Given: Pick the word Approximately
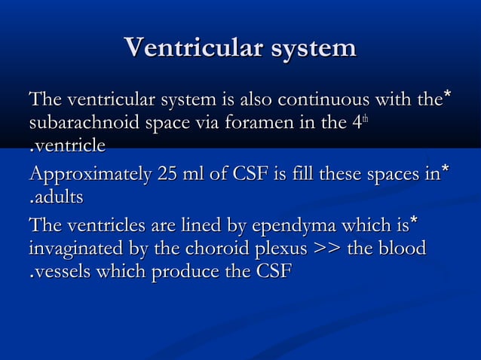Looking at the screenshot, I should point(90,176).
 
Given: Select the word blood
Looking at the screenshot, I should point(399,249).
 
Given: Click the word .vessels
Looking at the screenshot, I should point(61,271).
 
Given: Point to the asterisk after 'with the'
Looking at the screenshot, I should point(448,95).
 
